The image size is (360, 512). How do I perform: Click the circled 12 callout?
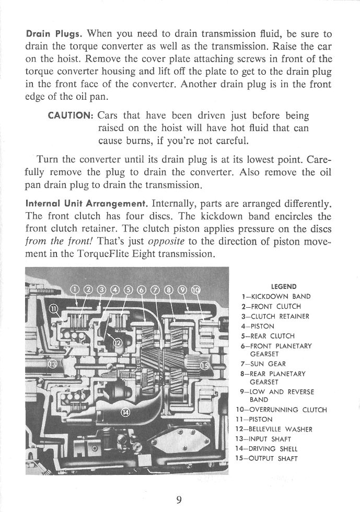click(x=118, y=342)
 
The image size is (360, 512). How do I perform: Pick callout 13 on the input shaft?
click(x=53, y=364)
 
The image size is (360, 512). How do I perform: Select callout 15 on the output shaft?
click(x=205, y=365)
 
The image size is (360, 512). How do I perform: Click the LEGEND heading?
click(x=284, y=286)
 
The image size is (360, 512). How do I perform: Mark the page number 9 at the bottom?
click(x=179, y=500)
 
